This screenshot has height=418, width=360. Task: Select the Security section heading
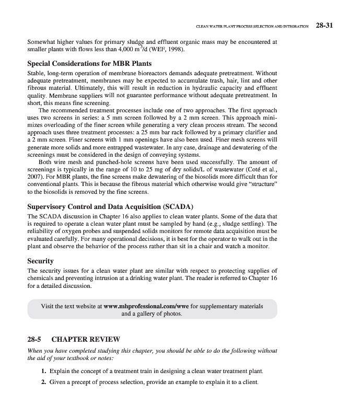40,261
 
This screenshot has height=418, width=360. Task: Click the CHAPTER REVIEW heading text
86,340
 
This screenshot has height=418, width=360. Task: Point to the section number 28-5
34,340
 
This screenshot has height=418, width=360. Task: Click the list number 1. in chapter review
44,371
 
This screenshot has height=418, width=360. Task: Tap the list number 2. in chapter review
44,381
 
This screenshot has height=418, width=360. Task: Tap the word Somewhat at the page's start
43,41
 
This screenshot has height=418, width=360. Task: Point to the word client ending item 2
250,381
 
